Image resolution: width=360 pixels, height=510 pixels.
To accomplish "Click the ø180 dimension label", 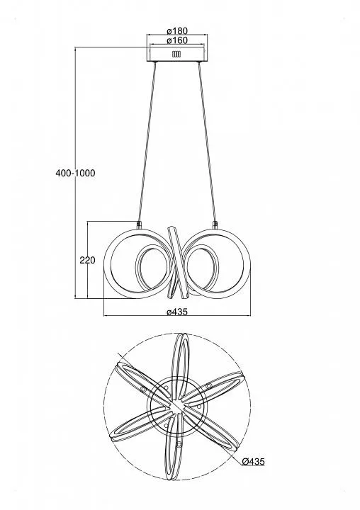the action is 177,31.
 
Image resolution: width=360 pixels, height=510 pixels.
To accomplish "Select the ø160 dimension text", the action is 177,40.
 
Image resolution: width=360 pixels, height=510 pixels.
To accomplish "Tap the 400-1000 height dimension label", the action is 76,173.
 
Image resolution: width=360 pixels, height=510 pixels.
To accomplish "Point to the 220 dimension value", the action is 87,260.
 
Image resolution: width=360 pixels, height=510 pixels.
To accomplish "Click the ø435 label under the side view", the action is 177,312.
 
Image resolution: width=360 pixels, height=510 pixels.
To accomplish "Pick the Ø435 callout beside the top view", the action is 254,461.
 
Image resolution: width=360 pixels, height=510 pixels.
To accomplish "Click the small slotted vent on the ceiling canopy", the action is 176,55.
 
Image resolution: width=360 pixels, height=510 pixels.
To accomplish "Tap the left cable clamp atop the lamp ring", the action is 139,224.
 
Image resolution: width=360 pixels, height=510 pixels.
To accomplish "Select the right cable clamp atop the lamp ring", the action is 215,224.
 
